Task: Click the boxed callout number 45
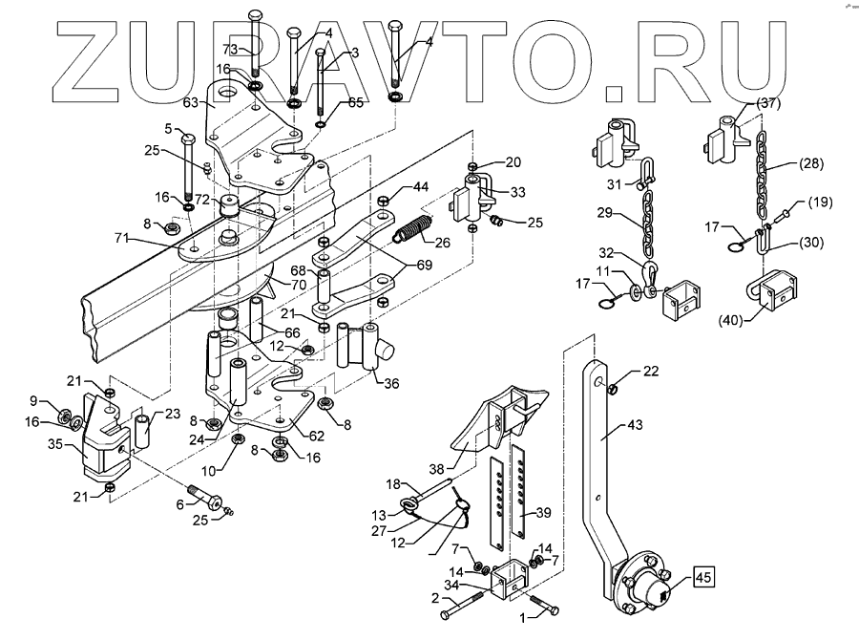point(702,576)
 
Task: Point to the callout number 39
point(543,513)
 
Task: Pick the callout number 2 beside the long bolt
point(434,598)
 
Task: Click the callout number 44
point(421,186)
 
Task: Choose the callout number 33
point(517,192)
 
